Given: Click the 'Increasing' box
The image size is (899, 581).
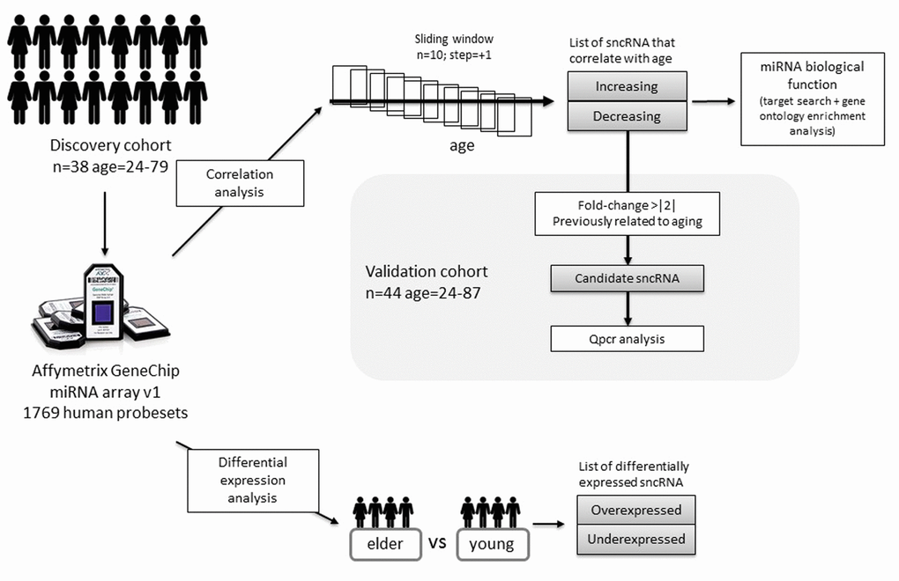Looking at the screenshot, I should point(626,86).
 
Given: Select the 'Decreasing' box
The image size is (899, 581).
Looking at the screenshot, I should point(626,115).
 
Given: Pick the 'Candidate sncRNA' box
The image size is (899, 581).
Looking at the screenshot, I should point(627,280).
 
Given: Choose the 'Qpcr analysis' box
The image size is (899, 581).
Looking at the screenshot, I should point(627,338).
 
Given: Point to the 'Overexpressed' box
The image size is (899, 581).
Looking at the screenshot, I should point(635,510).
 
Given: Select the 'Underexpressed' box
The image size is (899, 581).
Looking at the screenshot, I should point(635,538).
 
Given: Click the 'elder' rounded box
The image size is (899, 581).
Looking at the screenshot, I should point(383,543).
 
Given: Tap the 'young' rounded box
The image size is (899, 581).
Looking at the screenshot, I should point(491,543).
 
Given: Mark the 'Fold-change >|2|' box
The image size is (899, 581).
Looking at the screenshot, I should point(627,212).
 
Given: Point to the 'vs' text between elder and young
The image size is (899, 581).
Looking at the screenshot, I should point(438,542).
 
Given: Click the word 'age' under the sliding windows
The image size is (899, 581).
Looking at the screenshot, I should point(461,146).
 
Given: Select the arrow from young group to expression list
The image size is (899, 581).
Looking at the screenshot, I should point(549,526).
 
